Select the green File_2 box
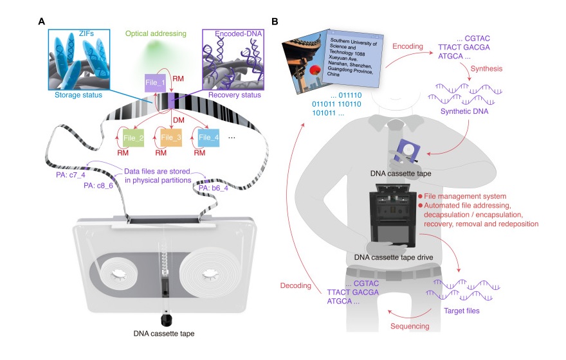coord(131,137)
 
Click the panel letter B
coord(275,21)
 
